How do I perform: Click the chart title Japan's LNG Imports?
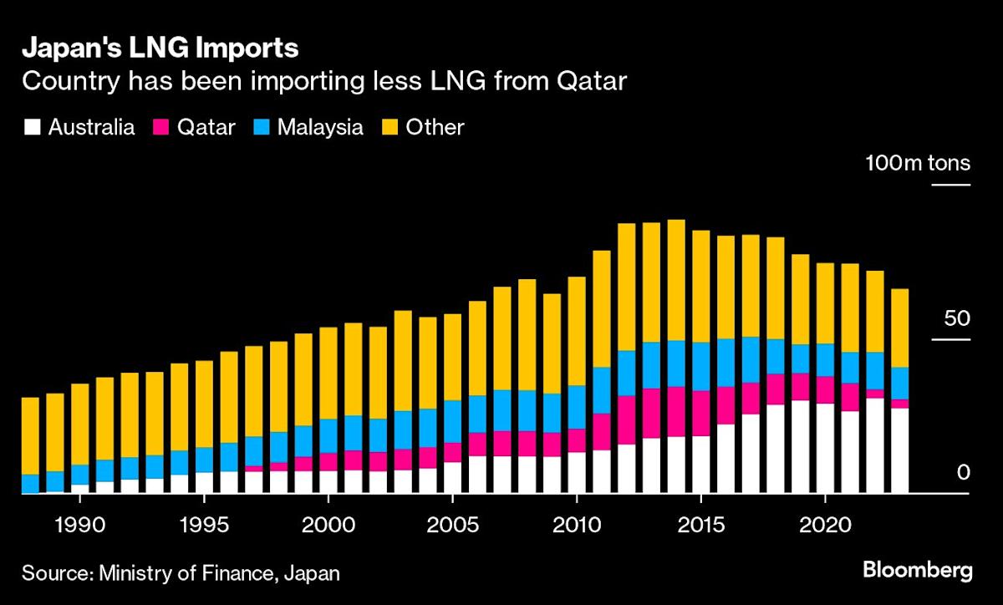[x=160, y=48]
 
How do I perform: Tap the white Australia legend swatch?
[x=33, y=128]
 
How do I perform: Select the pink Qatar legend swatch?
[x=161, y=128]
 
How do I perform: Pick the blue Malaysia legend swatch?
[x=261, y=128]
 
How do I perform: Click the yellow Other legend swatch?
[x=389, y=128]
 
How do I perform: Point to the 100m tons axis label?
[x=917, y=162]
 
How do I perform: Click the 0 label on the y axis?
[x=962, y=473]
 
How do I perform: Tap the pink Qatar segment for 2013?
[x=651, y=413]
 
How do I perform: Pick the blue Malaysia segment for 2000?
[x=328, y=435]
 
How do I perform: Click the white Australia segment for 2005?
[x=452, y=477]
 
